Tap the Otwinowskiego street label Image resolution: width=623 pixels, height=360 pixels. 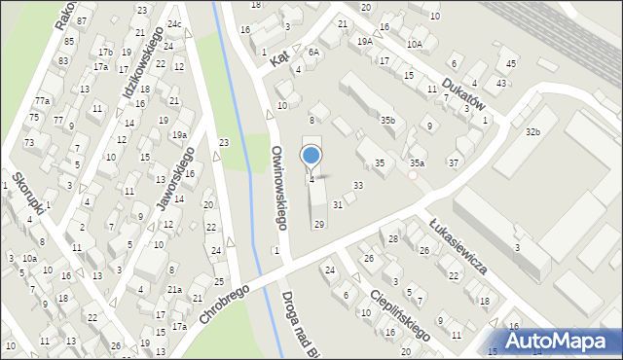[x=278, y=188]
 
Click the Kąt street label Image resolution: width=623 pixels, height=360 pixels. [x=280, y=59]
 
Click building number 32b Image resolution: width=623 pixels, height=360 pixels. [x=532, y=131]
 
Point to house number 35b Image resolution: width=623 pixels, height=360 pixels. [x=387, y=120]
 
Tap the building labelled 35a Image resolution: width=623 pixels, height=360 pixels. [x=417, y=163]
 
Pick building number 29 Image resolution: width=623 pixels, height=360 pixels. [x=318, y=224]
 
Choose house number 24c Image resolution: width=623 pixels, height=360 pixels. [x=173, y=23]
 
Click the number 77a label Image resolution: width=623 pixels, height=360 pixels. [x=42, y=101]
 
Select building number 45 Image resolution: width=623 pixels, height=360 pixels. [x=512, y=64]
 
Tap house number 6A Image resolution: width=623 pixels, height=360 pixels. [x=313, y=52]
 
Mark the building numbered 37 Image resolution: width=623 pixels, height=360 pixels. [x=454, y=162]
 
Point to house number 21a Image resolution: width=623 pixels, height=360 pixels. [x=174, y=289]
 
